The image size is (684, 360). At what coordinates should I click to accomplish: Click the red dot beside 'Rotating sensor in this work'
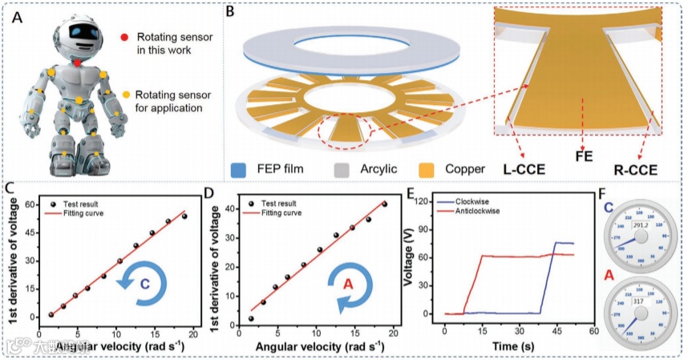[124, 37]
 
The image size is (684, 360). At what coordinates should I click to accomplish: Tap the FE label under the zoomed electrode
[584, 158]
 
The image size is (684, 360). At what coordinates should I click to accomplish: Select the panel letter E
[411, 193]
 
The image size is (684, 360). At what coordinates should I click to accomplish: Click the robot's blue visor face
[81, 28]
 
